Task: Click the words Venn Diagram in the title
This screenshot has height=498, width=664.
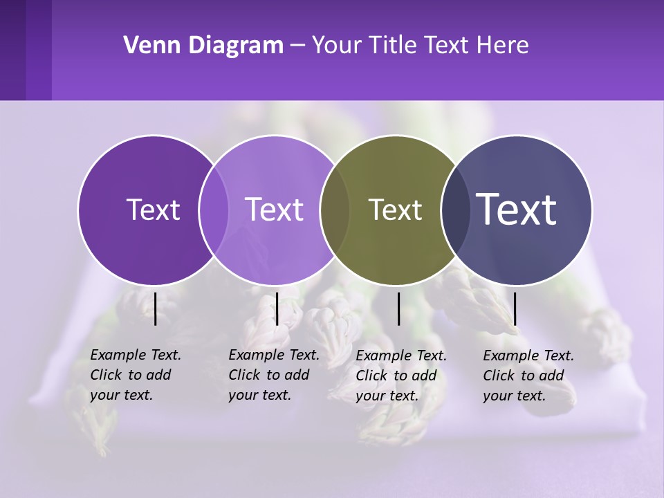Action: [203, 46]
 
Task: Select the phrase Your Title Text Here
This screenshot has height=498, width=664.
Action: [420, 46]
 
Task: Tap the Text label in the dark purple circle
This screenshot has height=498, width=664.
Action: [153, 210]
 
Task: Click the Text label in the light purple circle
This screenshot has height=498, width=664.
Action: [275, 210]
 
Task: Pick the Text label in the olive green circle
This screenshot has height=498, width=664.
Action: [395, 210]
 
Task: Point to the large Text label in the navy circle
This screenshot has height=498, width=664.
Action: [517, 209]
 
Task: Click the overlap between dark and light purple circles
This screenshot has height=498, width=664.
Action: [214, 210]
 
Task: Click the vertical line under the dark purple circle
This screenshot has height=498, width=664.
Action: [156, 308]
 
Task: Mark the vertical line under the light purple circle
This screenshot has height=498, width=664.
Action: [277, 308]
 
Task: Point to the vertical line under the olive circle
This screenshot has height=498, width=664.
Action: [399, 308]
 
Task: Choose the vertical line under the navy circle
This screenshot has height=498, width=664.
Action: [515, 308]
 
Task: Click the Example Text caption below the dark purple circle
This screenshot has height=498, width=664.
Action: [135, 375]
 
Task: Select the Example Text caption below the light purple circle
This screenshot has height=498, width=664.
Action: [273, 375]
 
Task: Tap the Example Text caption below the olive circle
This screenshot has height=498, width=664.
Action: [400, 376]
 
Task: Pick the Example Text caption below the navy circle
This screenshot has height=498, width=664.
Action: [528, 376]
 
